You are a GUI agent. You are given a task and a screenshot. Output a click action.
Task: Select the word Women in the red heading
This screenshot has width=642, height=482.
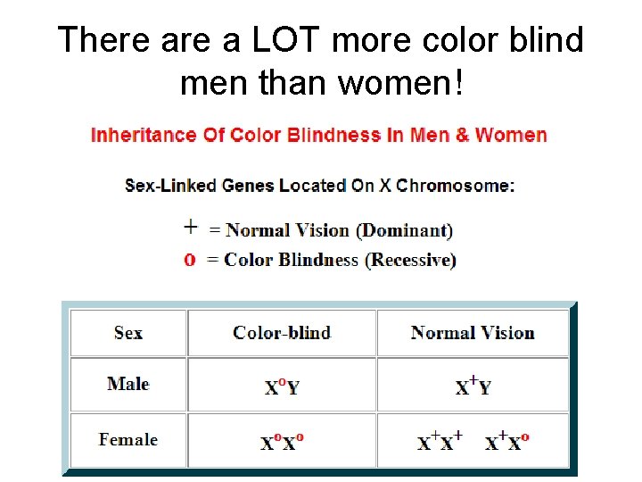click(x=511, y=136)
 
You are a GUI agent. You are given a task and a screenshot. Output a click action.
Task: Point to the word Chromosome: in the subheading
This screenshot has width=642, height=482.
click(x=456, y=186)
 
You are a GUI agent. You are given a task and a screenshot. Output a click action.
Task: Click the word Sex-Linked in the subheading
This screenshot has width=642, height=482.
click(x=169, y=186)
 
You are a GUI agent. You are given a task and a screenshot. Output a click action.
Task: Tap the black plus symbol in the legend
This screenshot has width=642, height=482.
click(x=190, y=226)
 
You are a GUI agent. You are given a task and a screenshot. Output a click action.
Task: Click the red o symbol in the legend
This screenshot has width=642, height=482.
click(x=189, y=261)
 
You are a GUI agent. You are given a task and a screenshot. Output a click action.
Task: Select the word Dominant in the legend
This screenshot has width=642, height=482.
click(x=404, y=230)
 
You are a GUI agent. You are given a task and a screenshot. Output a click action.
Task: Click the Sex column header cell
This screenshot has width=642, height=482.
click(x=128, y=333)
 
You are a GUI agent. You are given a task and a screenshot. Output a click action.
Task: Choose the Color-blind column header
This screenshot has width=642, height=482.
click(x=282, y=333)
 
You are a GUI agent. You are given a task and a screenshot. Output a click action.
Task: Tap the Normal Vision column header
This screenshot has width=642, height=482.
click(x=473, y=333)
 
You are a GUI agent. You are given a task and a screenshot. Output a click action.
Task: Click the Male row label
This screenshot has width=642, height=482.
click(x=128, y=384)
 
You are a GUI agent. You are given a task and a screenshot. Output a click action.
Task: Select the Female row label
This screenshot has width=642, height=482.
click(x=128, y=439)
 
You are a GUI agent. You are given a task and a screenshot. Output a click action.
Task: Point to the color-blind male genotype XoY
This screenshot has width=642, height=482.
click(x=282, y=386)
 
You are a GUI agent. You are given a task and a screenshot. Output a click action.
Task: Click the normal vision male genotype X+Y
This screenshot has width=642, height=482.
click(x=473, y=386)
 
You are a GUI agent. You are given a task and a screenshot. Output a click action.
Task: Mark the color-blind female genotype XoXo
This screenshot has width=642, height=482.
click(x=282, y=442)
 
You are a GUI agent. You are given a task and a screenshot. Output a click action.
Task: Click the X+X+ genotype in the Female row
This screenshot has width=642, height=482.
click(x=440, y=441)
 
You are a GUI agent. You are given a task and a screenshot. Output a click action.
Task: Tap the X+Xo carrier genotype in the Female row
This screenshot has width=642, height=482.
click(x=507, y=441)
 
